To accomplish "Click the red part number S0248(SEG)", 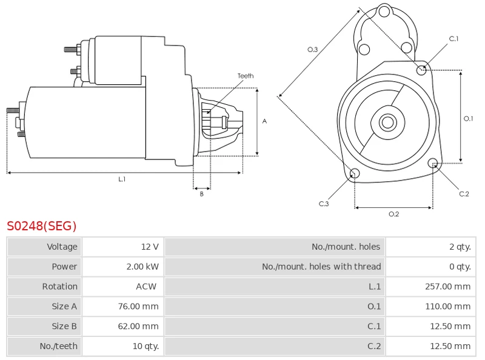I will click(42, 226).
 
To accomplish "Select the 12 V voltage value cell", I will click(150, 247).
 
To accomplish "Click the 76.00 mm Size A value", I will click(138, 307).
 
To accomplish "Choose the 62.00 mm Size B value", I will click(138, 327).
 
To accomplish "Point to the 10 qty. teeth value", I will click(144, 347).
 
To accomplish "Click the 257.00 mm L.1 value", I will click(447, 287).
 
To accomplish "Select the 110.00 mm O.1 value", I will click(447, 307).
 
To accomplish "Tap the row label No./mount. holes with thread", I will click(321, 267).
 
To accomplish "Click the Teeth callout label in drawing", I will click(246, 76).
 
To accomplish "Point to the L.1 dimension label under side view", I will click(122, 179).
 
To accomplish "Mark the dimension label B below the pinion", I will click(202, 194).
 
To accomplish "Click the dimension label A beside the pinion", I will click(264, 121).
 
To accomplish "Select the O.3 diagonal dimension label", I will click(313, 50).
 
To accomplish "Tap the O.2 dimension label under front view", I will click(393, 214).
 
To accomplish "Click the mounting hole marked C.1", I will click(422, 70).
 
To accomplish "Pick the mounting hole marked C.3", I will click(355, 175).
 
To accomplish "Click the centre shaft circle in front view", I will click(387, 122).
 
